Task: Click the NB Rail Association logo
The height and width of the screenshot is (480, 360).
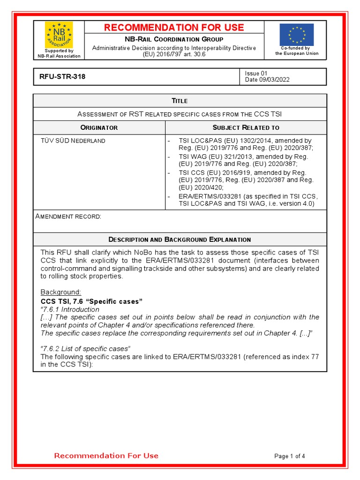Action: point(59,35)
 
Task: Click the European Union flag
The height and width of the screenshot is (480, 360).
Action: point(296,35)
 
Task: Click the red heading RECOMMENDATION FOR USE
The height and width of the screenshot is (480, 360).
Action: point(174,28)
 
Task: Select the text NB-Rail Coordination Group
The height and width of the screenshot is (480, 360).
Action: point(174,39)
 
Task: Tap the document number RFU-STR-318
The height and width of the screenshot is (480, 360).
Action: point(60,77)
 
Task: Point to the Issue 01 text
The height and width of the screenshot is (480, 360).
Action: point(256,73)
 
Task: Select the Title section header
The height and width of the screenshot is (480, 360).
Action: point(180,101)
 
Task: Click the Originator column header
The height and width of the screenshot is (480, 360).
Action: point(99,127)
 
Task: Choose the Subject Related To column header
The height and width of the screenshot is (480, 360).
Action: point(246,127)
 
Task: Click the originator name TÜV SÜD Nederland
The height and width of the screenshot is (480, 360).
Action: point(73,141)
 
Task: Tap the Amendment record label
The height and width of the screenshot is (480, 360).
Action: point(68,216)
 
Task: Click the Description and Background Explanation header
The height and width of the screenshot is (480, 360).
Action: point(180,240)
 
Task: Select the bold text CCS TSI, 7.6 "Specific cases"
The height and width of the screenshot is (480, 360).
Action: point(91,301)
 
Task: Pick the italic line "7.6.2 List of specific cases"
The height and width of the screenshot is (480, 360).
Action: point(85,348)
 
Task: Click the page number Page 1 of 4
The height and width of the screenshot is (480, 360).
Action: point(290,456)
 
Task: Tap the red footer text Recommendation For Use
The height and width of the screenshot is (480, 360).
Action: point(106,456)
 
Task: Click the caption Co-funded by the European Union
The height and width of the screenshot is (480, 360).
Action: point(296,51)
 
